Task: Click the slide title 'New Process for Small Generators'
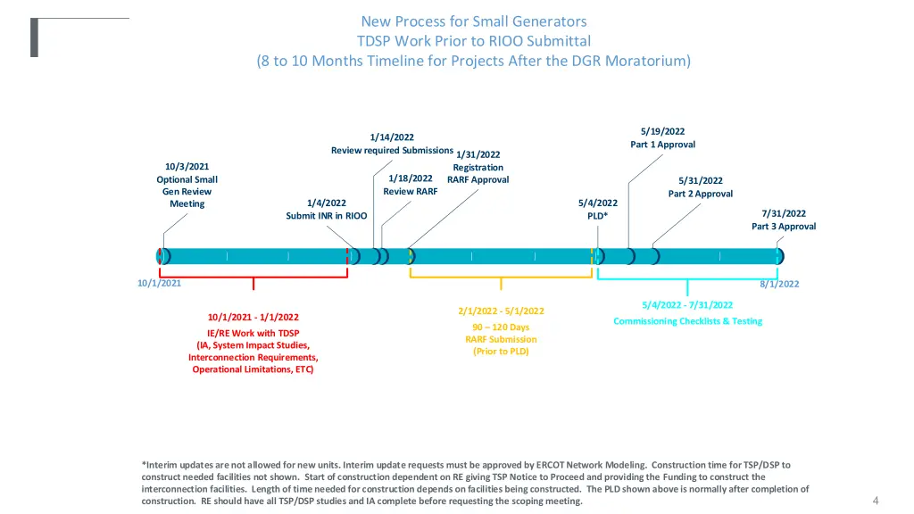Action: coord(473,21)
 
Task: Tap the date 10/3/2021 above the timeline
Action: coord(187,166)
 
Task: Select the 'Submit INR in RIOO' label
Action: coord(326,216)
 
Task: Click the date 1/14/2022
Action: coord(392,137)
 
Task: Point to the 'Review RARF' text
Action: coord(410,191)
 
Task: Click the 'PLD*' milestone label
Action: coord(597,216)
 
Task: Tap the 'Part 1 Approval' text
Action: coord(662,145)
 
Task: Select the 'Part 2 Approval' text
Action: coord(700,194)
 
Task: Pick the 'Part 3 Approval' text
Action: coord(784,227)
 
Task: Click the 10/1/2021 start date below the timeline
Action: coord(159,283)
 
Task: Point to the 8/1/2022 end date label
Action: coord(779,284)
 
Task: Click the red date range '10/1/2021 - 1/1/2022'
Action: coord(253,317)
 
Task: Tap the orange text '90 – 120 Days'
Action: coord(501,327)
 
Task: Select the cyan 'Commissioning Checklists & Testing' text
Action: coord(687,321)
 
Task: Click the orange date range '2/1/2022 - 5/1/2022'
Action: coord(501,311)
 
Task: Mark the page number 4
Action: coord(875,500)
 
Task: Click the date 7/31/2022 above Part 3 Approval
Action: coord(784,213)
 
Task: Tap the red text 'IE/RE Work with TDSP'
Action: coord(253,334)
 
